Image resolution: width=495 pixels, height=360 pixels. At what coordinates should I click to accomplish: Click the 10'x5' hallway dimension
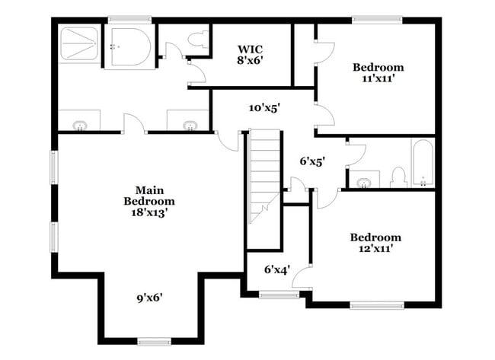click(265, 107)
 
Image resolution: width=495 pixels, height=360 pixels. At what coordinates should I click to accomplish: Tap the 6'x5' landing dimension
click(312, 161)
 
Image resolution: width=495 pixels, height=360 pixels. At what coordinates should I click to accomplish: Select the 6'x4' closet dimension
click(277, 269)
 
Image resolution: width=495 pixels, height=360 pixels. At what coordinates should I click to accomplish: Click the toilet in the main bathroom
click(200, 43)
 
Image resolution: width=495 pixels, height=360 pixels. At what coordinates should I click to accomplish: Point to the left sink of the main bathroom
click(79, 125)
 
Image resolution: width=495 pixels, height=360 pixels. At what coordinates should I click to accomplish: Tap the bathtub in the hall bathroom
click(422, 161)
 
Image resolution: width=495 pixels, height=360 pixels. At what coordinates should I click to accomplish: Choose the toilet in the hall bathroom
click(398, 177)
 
